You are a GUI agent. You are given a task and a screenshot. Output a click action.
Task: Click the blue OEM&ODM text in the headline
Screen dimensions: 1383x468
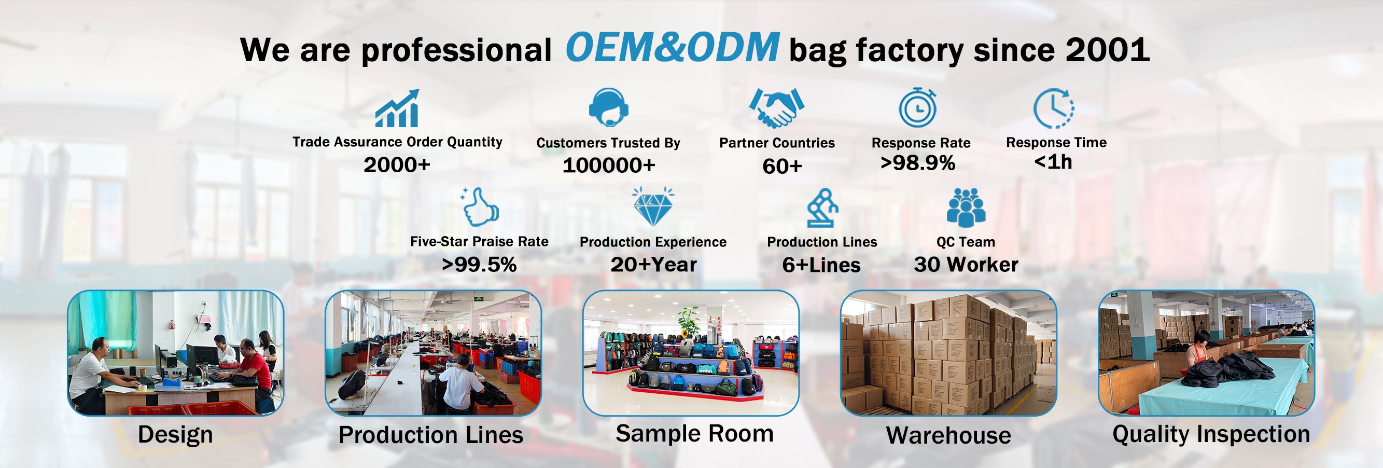tap(672, 47)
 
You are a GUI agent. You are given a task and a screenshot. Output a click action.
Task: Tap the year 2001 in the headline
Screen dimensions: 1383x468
tap(1108, 50)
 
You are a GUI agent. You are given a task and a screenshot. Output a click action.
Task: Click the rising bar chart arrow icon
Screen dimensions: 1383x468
tap(397, 108)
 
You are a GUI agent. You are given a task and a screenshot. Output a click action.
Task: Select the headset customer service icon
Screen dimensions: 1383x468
tap(608, 107)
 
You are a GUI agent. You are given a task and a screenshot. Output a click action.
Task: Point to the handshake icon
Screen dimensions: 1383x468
tap(776, 107)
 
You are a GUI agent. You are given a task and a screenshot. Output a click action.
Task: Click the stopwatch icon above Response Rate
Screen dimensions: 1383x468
tap(917, 107)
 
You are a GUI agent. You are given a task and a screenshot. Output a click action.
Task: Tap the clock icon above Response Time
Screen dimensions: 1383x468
tap(1053, 108)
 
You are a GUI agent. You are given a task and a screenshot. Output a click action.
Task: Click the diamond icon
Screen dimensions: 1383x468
tap(653, 207)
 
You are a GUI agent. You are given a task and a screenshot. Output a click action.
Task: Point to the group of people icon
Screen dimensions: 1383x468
tap(966, 207)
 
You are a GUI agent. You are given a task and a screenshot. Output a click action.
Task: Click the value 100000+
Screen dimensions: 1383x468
tap(609, 165)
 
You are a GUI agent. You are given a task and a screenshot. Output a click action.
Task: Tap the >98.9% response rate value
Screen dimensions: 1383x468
tap(917, 163)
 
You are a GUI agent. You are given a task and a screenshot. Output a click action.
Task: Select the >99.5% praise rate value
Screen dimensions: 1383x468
tap(479, 265)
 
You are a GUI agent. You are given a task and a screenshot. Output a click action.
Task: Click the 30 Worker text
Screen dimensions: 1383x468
tap(966, 265)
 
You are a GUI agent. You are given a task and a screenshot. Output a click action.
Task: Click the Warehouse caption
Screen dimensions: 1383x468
tap(948, 435)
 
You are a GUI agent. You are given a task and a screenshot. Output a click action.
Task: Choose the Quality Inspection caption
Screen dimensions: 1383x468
tap(1211, 434)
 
